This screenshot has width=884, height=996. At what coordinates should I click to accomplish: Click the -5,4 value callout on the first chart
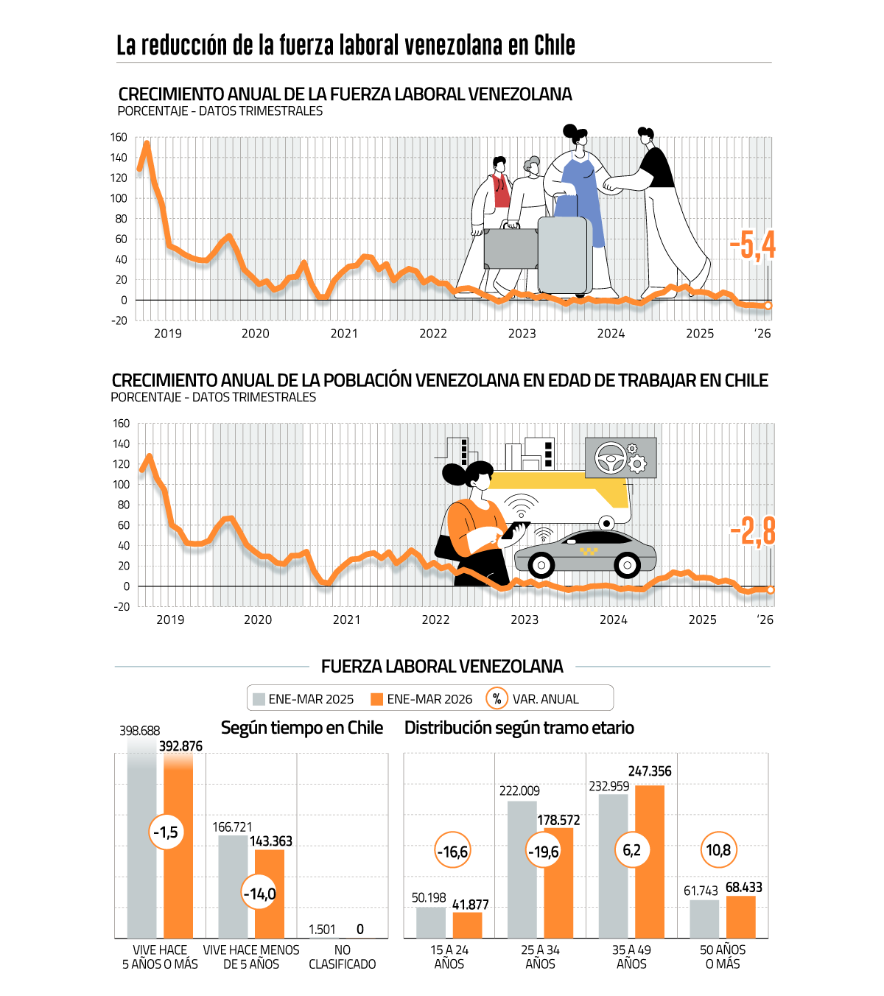click(x=751, y=245)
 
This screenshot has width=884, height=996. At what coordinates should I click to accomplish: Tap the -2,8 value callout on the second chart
click(x=752, y=531)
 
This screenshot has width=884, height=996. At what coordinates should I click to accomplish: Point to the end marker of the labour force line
click(x=768, y=306)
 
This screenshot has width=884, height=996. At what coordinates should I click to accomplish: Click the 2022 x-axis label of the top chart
click(x=432, y=334)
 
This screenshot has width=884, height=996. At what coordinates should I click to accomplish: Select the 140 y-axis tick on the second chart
click(x=121, y=444)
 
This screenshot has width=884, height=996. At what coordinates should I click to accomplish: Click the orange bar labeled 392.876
click(x=178, y=846)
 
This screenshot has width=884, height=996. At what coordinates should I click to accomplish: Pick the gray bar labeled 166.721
click(x=233, y=887)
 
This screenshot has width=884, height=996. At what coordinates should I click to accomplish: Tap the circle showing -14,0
click(x=259, y=894)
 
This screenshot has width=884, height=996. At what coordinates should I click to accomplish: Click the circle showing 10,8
click(x=718, y=849)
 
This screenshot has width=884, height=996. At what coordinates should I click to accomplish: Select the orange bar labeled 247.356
click(x=650, y=862)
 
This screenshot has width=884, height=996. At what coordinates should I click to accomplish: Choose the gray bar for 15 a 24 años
click(x=431, y=922)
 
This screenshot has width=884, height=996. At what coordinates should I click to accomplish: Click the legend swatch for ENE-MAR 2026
click(x=376, y=699)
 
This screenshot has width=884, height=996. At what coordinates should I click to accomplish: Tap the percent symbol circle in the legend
click(x=497, y=698)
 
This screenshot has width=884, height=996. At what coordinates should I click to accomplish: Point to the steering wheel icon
click(x=610, y=457)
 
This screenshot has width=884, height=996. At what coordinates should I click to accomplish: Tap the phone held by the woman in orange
click(x=515, y=530)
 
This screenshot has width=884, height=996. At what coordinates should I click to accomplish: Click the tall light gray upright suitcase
click(x=565, y=255)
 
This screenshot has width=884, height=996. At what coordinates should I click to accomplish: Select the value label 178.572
click(x=558, y=820)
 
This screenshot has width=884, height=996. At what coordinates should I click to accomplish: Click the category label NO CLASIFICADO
click(x=343, y=957)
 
